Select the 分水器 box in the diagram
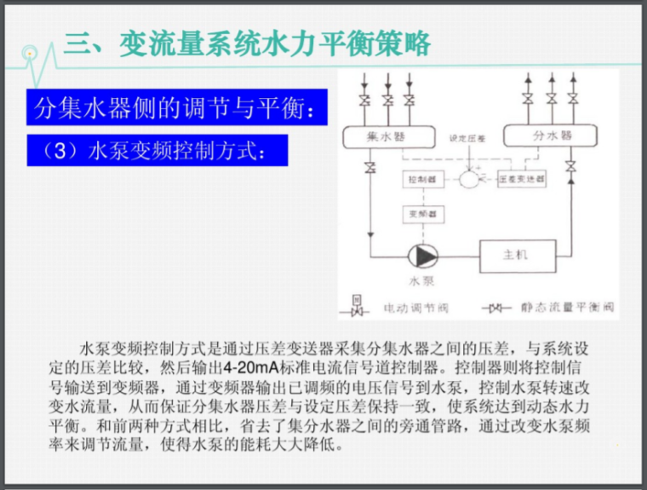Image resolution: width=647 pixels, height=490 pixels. click(x=538, y=135)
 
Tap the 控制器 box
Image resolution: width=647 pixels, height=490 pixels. click(x=421, y=181)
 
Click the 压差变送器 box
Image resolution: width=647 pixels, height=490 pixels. click(x=520, y=181)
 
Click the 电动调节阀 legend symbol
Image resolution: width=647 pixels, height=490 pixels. click(x=358, y=305)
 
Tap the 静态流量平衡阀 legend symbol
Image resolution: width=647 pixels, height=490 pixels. click(x=496, y=307)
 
